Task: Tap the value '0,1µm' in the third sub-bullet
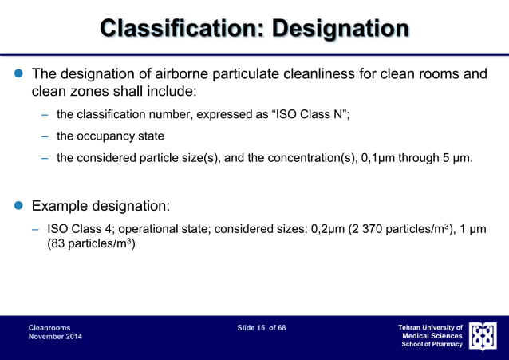380,157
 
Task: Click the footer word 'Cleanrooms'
49,327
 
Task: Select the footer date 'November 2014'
55,337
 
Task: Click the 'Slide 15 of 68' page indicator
261,327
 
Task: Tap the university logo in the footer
482,335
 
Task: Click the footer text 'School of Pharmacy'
432,344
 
